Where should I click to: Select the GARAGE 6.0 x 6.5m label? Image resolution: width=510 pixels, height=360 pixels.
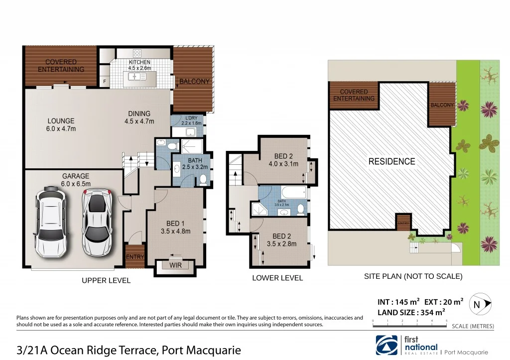click(x=76, y=179)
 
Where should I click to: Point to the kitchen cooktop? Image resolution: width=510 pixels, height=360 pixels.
click(x=137, y=53)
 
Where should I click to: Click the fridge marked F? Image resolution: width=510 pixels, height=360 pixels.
click(x=105, y=81)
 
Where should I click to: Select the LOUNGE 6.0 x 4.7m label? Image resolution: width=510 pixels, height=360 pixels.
click(x=61, y=125)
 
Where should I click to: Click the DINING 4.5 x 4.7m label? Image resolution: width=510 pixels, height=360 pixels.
click(x=139, y=118)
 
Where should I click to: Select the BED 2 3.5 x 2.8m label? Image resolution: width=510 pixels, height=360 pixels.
click(x=281, y=240)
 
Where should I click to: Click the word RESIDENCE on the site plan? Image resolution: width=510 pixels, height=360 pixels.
click(x=391, y=161)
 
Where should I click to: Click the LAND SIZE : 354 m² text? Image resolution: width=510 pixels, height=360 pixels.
click(x=411, y=312)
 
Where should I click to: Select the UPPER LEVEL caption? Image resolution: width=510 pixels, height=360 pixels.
click(x=106, y=281)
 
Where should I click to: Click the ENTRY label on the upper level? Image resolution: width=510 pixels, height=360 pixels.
click(x=135, y=257)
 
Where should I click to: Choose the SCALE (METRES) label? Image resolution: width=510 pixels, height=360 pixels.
click(x=473, y=327)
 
